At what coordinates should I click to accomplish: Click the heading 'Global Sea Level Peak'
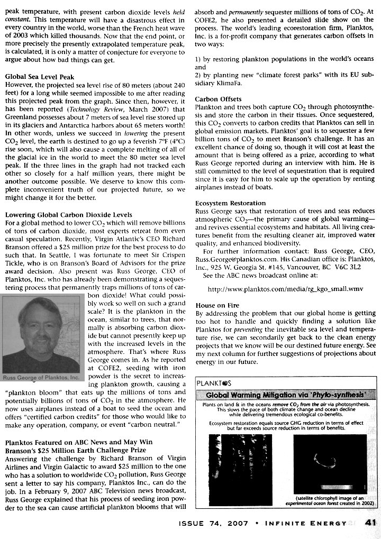coord(40,77)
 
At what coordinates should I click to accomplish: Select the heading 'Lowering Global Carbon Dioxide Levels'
coord(68,215)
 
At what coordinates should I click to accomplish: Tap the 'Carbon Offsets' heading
coord(218,99)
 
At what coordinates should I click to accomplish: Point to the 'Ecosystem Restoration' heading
coord(230,203)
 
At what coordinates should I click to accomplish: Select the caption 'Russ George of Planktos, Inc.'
coord(41,378)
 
